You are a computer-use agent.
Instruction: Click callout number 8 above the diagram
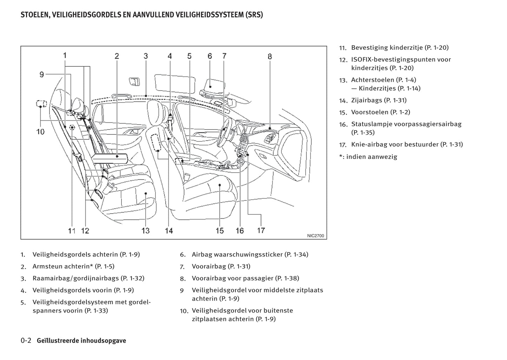click(x=269, y=56)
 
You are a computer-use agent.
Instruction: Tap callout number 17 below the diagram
click(x=261, y=230)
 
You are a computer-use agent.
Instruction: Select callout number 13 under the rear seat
click(x=145, y=231)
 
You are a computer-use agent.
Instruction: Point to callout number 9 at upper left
click(x=41, y=74)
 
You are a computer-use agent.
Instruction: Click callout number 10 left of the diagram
click(x=40, y=132)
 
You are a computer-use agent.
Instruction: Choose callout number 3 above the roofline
click(x=146, y=56)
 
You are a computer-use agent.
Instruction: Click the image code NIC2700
click(x=315, y=236)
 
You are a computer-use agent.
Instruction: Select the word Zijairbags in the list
click(x=366, y=100)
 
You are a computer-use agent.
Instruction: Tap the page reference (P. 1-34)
click(x=297, y=254)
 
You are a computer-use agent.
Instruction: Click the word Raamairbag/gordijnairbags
click(x=75, y=278)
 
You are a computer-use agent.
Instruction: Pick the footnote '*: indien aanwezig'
click(x=368, y=157)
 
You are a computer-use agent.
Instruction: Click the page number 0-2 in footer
click(x=26, y=340)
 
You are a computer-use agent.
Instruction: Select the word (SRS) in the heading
click(x=252, y=15)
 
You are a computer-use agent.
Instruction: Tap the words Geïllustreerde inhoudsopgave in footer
click(x=81, y=341)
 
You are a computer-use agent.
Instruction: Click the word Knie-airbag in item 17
click(x=367, y=144)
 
